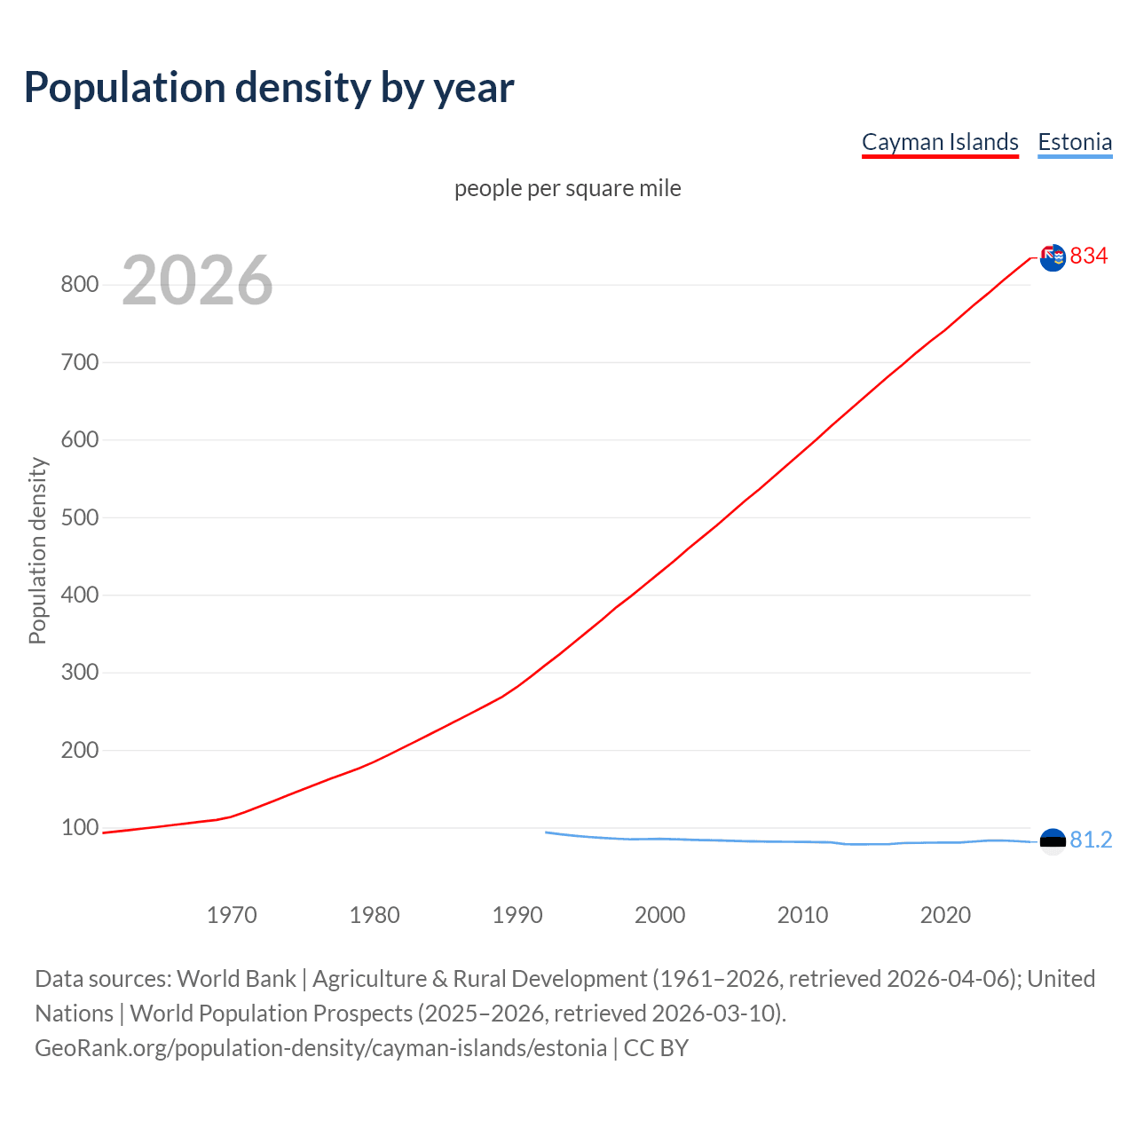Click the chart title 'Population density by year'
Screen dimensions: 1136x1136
(x=269, y=88)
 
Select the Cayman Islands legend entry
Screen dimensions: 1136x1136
(x=940, y=142)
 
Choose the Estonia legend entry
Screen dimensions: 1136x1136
(x=1075, y=142)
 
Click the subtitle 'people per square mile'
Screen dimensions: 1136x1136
(x=567, y=188)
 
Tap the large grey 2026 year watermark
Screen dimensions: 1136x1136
(x=197, y=280)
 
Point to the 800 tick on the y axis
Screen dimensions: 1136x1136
(x=79, y=285)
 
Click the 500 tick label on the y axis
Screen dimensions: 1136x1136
(x=79, y=517)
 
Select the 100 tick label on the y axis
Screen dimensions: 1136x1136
(x=79, y=828)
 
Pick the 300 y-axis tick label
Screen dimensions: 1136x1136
(x=79, y=673)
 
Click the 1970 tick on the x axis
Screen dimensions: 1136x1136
(x=232, y=915)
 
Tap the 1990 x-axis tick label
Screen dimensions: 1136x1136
(x=517, y=915)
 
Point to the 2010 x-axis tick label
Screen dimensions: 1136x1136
(x=802, y=915)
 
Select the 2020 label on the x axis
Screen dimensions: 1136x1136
(x=945, y=915)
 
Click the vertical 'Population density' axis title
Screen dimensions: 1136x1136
(x=37, y=550)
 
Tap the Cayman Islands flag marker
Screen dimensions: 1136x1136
(x=1053, y=257)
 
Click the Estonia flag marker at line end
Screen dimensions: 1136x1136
(x=1053, y=841)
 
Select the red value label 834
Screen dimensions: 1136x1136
(x=1089, y=256)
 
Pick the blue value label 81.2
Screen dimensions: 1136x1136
(x=1091, y=840)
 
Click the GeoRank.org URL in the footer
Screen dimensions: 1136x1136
(x=320, y=1048)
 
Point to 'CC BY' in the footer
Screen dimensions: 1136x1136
(x=656, y=1048)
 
